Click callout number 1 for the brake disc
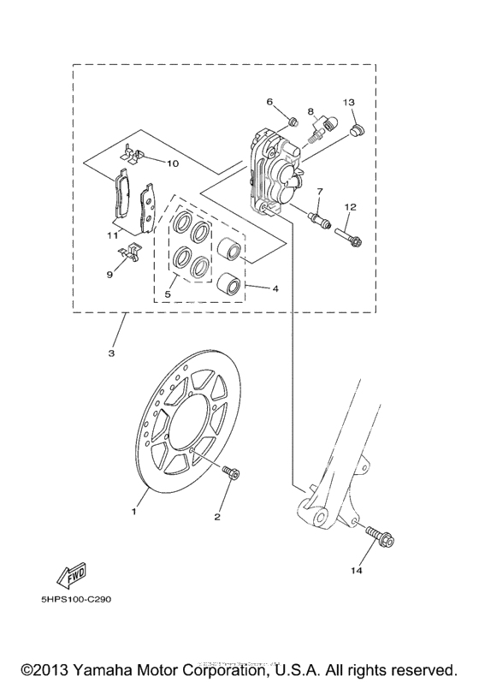133,512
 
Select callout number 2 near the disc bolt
217,517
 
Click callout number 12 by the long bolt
350,207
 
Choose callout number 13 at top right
349,103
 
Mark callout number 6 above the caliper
269,102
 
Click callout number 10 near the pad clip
172,163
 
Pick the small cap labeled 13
357,130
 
